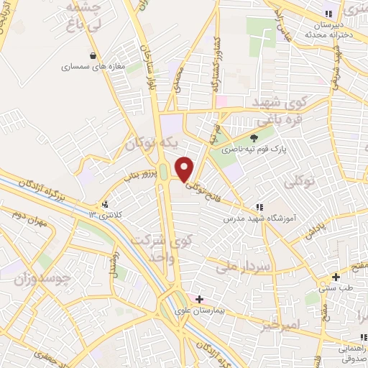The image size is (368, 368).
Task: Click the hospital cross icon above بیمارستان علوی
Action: click(199, 298)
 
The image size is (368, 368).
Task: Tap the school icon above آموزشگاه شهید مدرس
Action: click(258, 207)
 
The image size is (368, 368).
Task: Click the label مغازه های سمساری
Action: click(92, 67)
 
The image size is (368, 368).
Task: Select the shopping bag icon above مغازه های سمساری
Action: click(92, 55)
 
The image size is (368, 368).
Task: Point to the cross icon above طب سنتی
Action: click(336, 277)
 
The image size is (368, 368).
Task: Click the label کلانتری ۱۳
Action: click(106, 214)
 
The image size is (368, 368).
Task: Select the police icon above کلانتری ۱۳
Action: click(106, 203)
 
